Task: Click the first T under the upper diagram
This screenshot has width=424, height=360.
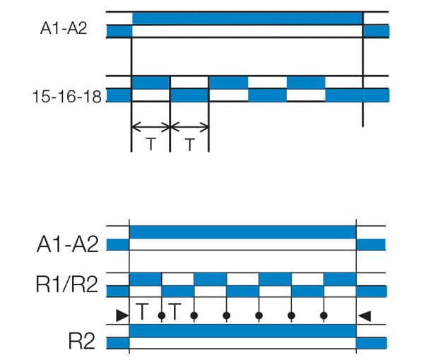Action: coord(151,144)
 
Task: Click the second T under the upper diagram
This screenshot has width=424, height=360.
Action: coord(189,144)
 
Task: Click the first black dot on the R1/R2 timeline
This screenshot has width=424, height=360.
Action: coord(162,316)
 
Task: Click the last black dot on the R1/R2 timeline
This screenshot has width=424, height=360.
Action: coord(324,316)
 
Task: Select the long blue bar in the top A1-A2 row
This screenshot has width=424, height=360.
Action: coord(247,18)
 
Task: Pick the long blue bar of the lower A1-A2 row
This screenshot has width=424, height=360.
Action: coord(242,232)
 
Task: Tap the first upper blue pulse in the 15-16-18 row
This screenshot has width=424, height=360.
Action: coord(151,83)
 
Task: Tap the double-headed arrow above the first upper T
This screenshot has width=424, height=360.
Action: coord(151,128)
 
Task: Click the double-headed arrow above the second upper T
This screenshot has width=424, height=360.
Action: coord(189,128)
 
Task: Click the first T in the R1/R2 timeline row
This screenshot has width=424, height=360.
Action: coord(143,311)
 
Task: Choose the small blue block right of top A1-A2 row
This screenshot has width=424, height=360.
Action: coord(376,31)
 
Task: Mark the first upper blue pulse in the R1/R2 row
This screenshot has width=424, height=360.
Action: coord(146,279)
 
